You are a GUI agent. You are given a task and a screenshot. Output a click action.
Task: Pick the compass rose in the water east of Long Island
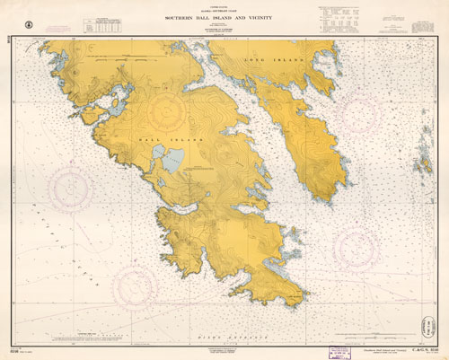point(385,121)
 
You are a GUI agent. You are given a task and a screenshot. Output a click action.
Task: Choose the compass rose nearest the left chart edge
point(70,189)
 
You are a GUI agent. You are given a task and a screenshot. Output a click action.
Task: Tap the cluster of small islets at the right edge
point(421,162)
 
